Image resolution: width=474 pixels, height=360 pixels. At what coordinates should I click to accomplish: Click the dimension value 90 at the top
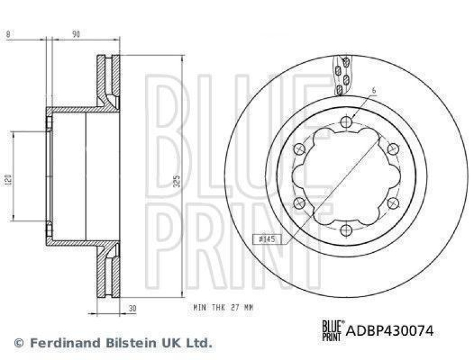pos(76,34)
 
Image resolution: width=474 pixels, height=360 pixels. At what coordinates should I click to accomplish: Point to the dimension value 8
pos(7,34)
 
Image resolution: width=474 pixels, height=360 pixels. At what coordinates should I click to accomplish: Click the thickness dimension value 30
pos(133,308)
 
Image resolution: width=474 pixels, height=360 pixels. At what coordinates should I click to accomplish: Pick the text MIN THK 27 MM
pos(223,308)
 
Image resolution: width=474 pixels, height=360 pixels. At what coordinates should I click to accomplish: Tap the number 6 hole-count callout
pos(374,91)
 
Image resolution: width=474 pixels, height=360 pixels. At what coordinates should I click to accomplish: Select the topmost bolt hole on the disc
pos(347,123)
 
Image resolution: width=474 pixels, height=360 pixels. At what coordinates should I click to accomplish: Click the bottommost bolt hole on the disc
pos(347,228)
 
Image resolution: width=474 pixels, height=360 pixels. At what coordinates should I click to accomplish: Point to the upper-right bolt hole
pos(392,149)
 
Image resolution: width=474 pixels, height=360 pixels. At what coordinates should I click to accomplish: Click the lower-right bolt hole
pos(392,202)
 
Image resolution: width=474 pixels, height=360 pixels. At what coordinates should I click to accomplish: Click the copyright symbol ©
pos(18,342)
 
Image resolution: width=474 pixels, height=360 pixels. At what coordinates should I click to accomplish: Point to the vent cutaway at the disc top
pos(343,75)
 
